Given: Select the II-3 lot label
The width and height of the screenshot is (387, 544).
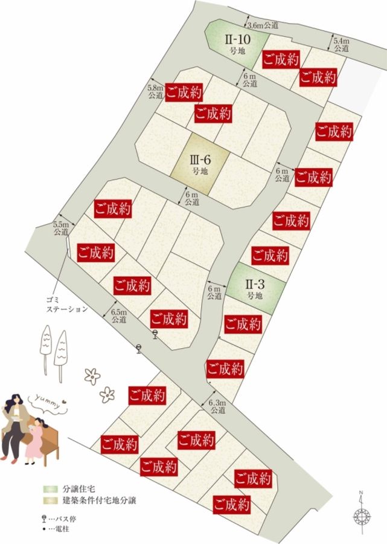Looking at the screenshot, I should [254, 288].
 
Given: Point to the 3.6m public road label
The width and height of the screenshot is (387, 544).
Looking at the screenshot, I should [263, 25].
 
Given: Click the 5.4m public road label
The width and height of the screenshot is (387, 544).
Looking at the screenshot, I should [341, 44].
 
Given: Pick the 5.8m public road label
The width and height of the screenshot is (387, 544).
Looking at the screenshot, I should [155, 91].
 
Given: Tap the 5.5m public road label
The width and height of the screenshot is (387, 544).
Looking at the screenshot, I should [62, 227].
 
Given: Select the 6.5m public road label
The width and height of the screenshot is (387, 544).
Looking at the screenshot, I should [119, 316].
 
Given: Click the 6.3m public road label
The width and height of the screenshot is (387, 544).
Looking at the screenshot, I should [217, 407].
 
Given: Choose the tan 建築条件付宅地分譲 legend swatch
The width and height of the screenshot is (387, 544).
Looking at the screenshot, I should [49, 500].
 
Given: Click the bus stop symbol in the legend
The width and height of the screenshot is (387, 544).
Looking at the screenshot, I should [45, 519].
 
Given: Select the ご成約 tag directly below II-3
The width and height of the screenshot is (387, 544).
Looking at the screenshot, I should [243, 325].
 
